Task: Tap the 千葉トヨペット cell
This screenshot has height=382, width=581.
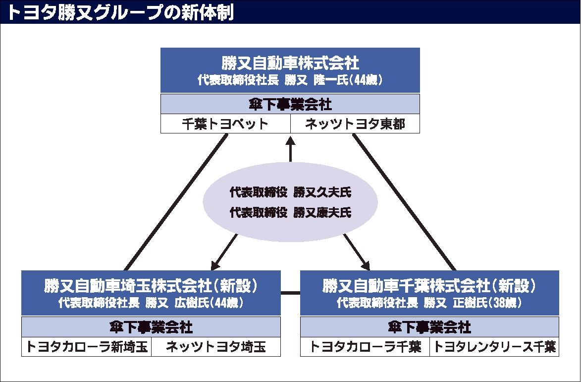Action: [x=225, y=124]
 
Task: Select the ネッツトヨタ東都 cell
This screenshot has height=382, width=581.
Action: [x=355, y=124]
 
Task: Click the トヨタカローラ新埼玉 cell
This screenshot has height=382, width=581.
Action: [x=87, y=347]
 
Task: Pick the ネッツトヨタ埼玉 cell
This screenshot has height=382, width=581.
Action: [x=215, y=347]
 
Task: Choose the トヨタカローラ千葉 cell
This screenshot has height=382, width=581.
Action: [x=365, y=347]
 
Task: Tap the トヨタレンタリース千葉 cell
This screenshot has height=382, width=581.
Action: [x=494, y=347]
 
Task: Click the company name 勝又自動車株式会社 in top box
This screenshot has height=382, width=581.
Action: [x=290, y=64]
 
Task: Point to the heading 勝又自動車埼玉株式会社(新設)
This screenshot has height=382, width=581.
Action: [x=151, y=286]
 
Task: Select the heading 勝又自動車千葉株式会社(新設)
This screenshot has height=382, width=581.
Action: [x=429, y=286]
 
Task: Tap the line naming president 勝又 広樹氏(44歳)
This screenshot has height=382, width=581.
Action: [x=151, y=302]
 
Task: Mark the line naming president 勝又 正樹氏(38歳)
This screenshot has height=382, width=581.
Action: [x=429, y=302]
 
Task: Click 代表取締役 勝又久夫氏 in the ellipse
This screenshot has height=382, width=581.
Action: [x=290, y=192]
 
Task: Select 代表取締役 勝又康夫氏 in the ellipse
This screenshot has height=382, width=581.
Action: [x=290, y=213]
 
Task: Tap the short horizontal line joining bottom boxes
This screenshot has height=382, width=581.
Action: [x=290, y=293]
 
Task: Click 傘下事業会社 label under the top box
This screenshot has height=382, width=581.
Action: [x=290, y=105]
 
